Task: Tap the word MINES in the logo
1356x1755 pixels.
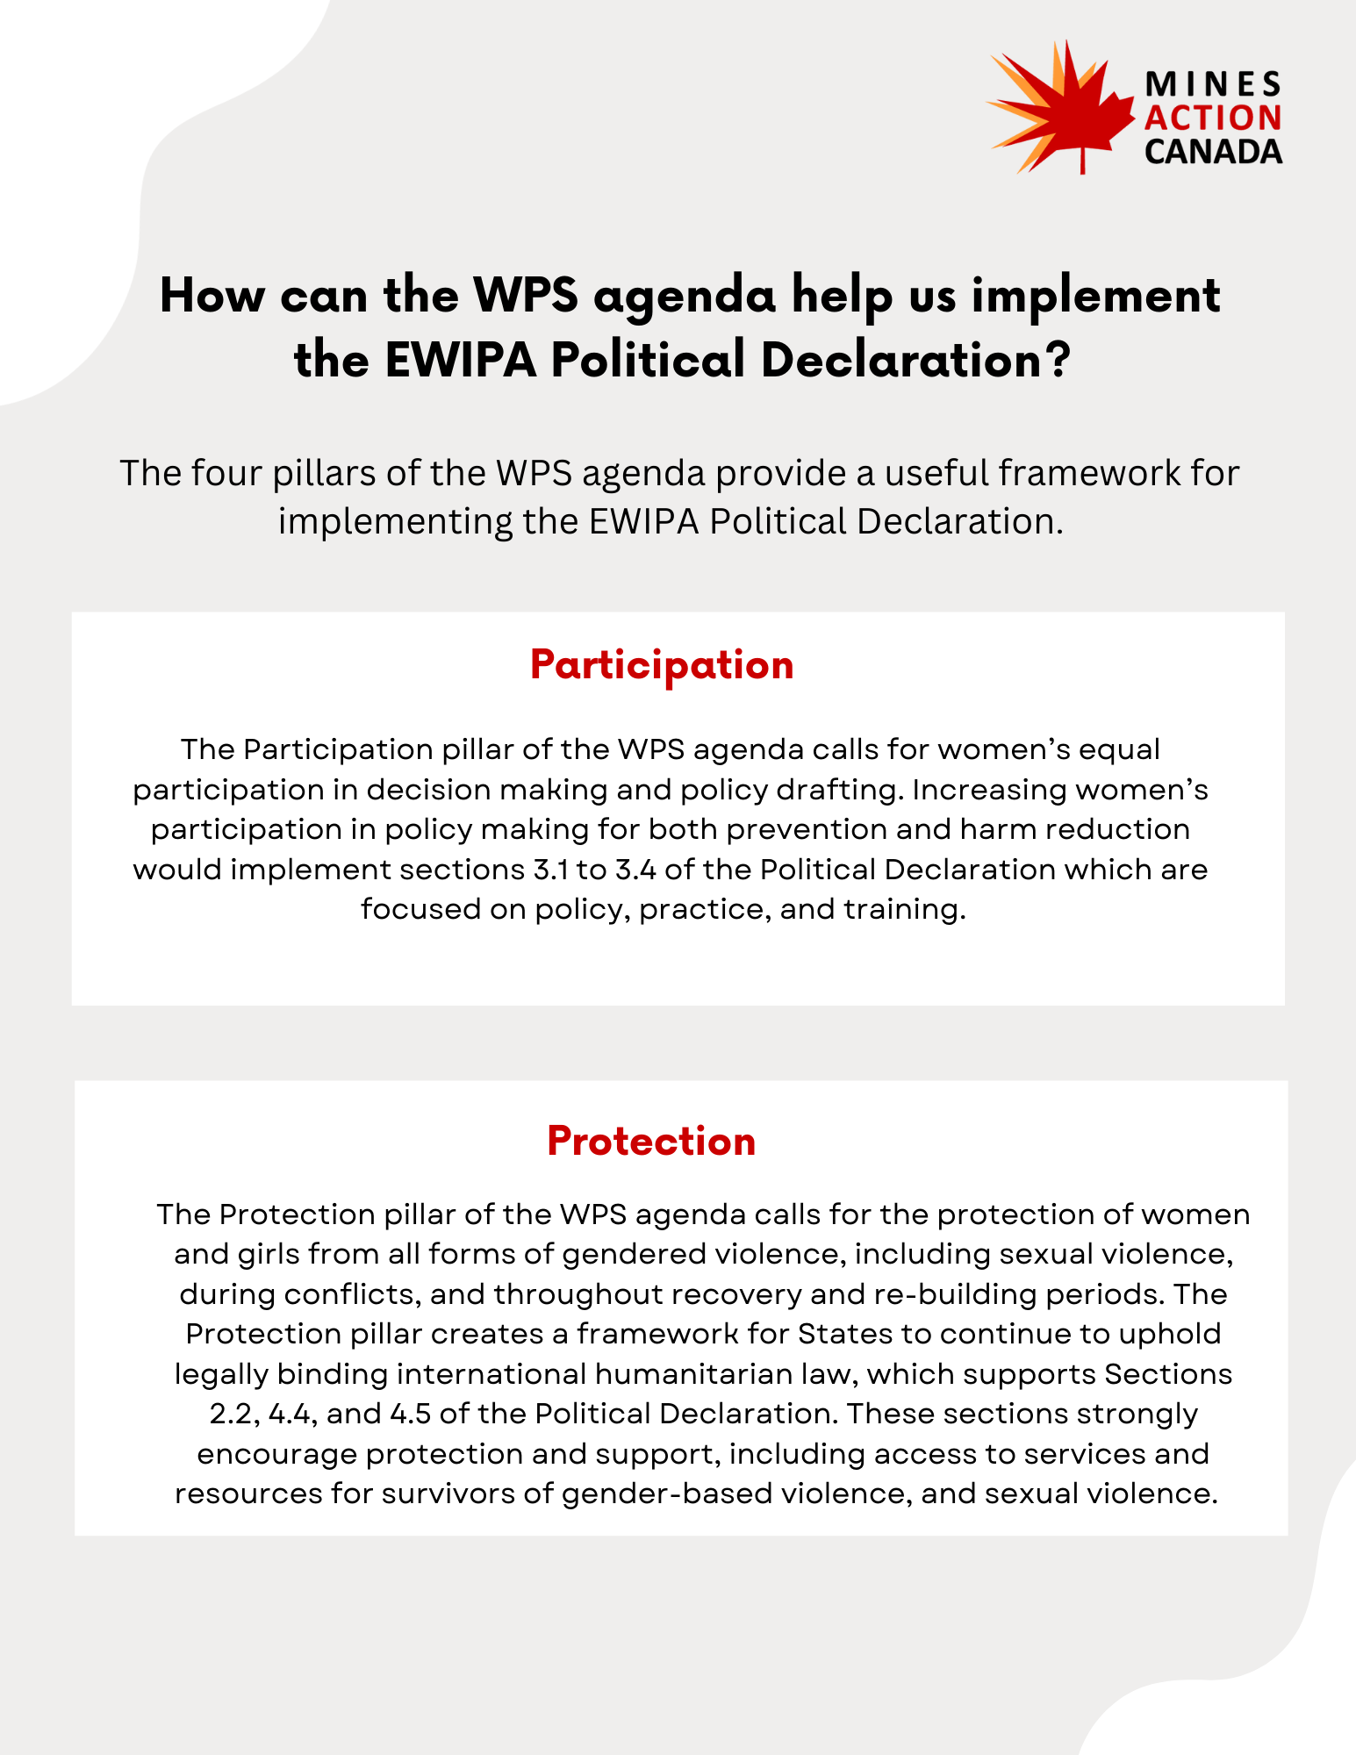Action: click(1213, 84)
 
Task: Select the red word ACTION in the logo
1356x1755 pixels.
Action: click(1213, 118)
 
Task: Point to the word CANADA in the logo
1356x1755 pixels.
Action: click(1213, 152)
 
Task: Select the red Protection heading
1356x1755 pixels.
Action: click(651, 1141)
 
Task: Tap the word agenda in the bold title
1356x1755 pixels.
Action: click(685, 297)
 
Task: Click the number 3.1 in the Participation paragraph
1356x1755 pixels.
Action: click(549, 870)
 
